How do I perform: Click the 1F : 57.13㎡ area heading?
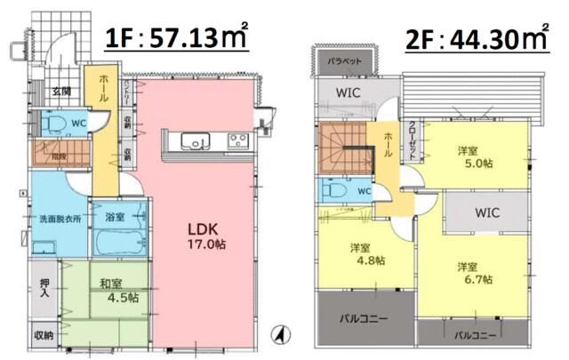tap(177, 38)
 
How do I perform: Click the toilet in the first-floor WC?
tap(52, 122)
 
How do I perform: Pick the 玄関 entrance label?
tap(61, 92)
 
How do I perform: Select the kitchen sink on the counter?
tap(195, 140)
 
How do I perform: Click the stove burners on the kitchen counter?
tap(237, 140)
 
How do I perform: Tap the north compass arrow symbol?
tap(276, 336)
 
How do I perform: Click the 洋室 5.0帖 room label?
tap(472, 156)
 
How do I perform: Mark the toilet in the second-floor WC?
tap(334, 189)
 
